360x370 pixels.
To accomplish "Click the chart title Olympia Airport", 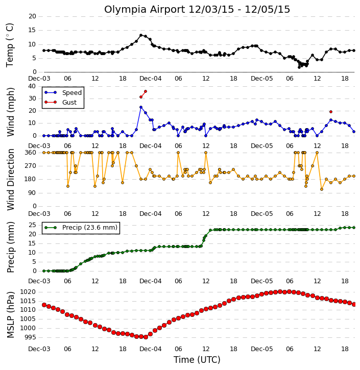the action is pyautogui.click(x=144, y=10).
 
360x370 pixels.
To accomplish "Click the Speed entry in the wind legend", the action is pyautogui.click(x=72, y=93).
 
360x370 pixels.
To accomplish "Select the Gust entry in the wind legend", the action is pyautogui.click(x=69, y=103).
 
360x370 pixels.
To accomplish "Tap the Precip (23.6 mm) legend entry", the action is pyautogui.click(x=90, y=228).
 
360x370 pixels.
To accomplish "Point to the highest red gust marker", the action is pyautogui.click(x=146, y=91).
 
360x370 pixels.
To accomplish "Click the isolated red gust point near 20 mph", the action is pyautogui.click(x=331, y=112).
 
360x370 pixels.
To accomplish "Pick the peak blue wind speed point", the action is pyautogui.click(x=141, y=107).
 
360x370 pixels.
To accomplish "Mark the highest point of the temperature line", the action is pyautogui.click(x=141, y=35).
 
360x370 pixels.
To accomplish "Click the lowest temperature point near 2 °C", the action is pyautogui.click(x=299, y=67).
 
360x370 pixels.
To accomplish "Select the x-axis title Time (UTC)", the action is pyautogui.click(x=197, y=360).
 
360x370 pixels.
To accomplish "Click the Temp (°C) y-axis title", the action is pyautogui.click(x=10, y=45).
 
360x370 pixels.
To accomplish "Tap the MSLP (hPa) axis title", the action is pyautogui.click(x=10, y=315).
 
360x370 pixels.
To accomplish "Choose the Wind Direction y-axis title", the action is pyautogui.click(x=10, y=180).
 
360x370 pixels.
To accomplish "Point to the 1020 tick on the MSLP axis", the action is pyautogui.click(x=28, y=292).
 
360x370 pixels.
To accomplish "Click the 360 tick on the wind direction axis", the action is pyautogui.click(x=31, y=153).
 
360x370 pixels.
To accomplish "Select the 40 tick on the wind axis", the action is pyautogui.click(x=32, y=86).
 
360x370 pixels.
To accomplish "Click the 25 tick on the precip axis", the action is pyautogui.click(x=32, y=225).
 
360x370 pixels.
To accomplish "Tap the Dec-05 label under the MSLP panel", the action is pyautogui.click(x=261, y=349).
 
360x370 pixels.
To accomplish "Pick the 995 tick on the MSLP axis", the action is pyautogui.click(x=30, y=337).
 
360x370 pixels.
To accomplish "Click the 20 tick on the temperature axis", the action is pyautogui.click(x=32, y=16).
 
